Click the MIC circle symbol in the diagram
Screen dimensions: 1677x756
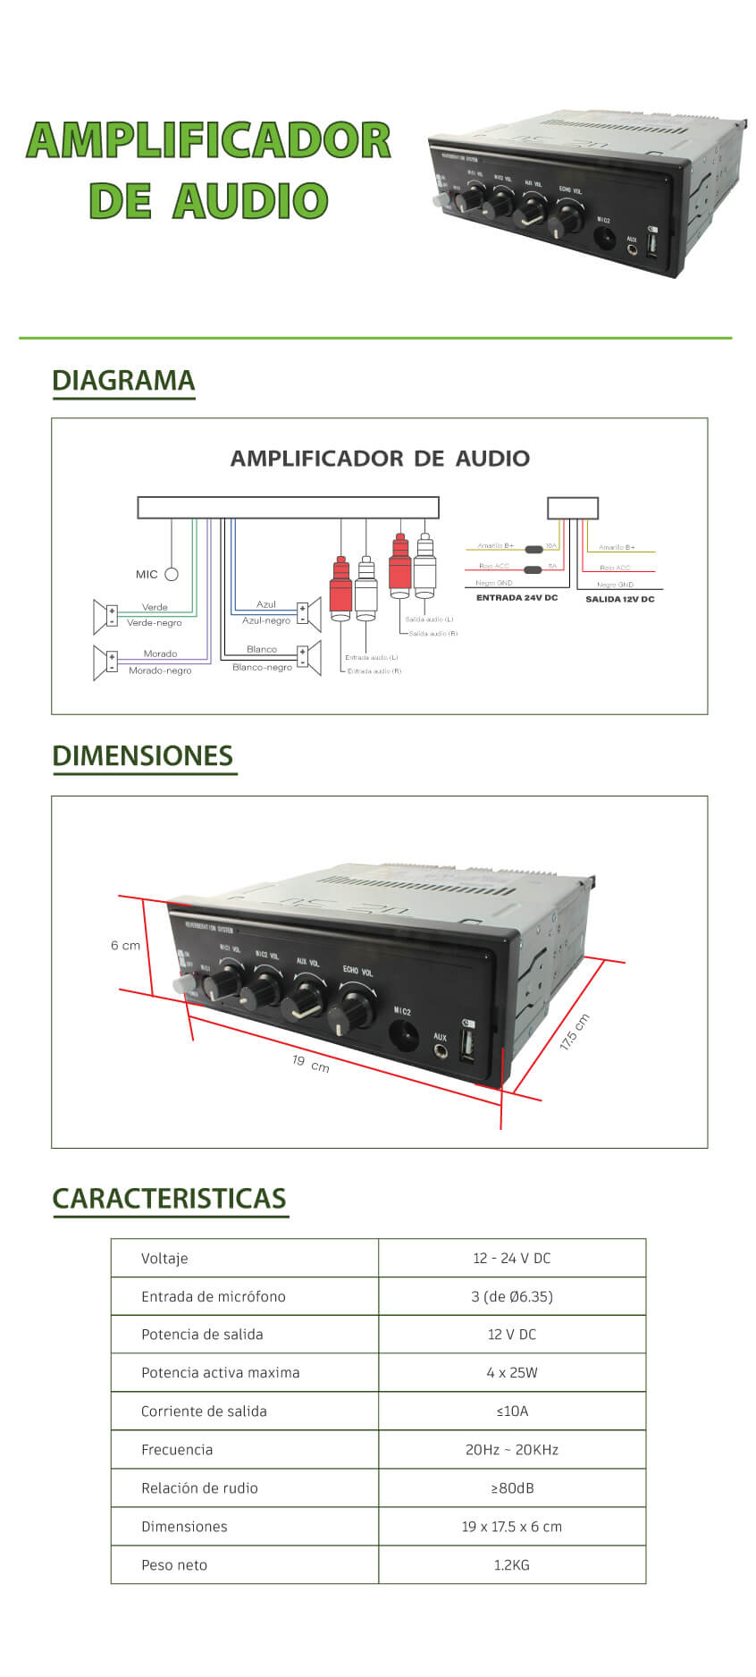(x=172, y=575)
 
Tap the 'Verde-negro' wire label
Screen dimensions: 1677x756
(x=154, y=623)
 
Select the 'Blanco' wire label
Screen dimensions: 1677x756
(x=262, y=649)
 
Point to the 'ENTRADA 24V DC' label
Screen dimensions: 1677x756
(x=517, y=597)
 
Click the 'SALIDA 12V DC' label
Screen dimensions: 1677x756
(x=619, y=599)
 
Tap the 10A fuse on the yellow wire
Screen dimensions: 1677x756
(x=533, y=550)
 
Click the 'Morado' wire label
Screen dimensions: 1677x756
(x=160, y=653)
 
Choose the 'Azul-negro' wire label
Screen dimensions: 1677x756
(x=266, y=620)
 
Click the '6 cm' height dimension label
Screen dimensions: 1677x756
(x=125, y=945)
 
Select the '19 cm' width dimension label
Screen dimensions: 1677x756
(x=310, y=1064)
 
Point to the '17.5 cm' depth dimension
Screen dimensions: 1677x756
(x=575, y=1032)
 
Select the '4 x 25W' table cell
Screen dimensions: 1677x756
(x=511, y=1372)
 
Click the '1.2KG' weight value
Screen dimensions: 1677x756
(x=511, y=1564)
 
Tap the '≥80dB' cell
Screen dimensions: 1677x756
(x=511, y=1487)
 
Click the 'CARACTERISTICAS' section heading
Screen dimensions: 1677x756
(x=169, y=1198)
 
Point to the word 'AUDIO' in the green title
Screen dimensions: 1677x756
(x=250, y=200)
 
